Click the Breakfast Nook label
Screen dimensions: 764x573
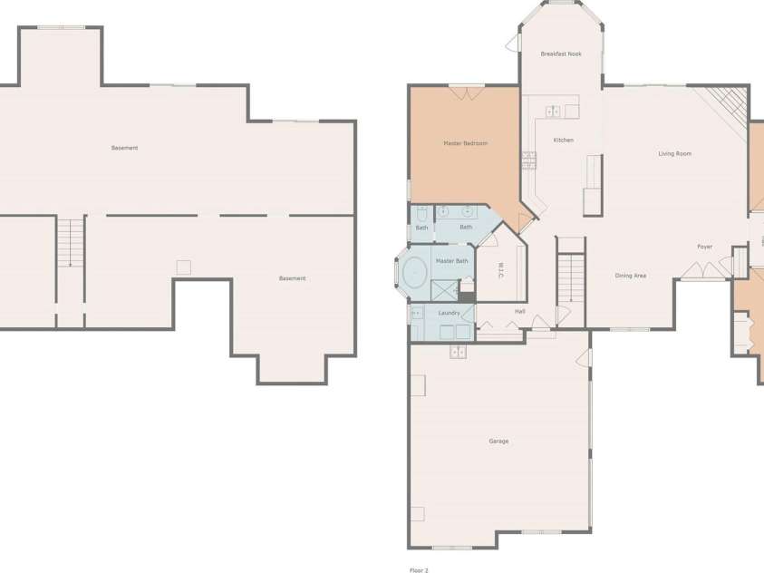[561, 54]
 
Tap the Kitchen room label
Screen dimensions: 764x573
[563, 141]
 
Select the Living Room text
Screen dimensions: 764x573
[675, 154]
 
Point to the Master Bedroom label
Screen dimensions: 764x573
[465, 143]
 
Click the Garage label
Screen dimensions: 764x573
[498, 442]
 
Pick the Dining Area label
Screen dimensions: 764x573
[631, 276]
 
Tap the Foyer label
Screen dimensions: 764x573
[704, 247]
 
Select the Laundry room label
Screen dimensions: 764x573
[449, 313]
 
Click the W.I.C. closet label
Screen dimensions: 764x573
[500, 270]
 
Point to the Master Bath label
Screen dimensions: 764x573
[451, 261]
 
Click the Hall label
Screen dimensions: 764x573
[520, 311]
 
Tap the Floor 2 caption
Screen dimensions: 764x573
[419, 570]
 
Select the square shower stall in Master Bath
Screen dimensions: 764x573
[445, 290]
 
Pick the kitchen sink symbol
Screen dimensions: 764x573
[553, 112]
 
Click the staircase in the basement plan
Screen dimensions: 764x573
[71, 242]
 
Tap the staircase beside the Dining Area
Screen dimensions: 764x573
[571, 278]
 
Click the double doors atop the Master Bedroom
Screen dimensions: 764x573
[467, 93]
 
